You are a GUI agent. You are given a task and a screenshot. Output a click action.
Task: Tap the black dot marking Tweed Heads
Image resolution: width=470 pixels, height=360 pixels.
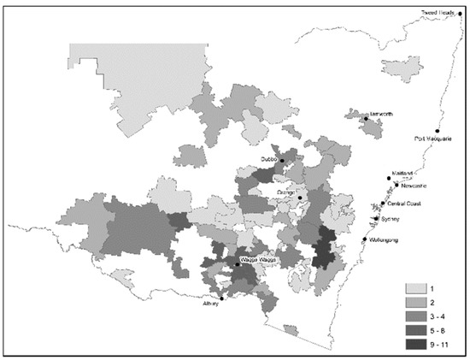pyautogui.click(x=461, y=14)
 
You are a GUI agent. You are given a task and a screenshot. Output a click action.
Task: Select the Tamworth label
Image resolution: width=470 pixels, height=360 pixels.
pyautogui.click(x=380, y=114)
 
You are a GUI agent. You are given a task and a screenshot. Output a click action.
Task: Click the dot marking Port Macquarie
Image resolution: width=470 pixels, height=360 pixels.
pyautogui.click(x=436, y=130)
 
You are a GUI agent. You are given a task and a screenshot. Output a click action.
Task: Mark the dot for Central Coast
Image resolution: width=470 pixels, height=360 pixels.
pyautogui.click(x=383, y=204)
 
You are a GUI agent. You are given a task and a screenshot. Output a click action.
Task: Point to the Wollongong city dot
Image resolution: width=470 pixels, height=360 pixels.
pyautogui.click(x=365, y=239)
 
